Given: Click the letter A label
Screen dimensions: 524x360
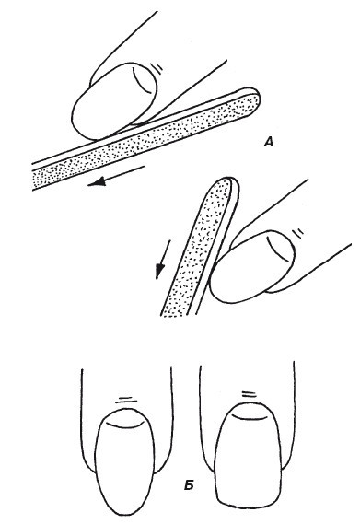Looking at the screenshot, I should click(x=268, y=142).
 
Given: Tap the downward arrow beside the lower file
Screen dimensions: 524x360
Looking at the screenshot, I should click(x=160, y=261).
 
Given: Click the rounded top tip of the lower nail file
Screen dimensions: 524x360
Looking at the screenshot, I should click(x=220, y=185).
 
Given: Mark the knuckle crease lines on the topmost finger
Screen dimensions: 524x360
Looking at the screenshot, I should click(x=162, y=67).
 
